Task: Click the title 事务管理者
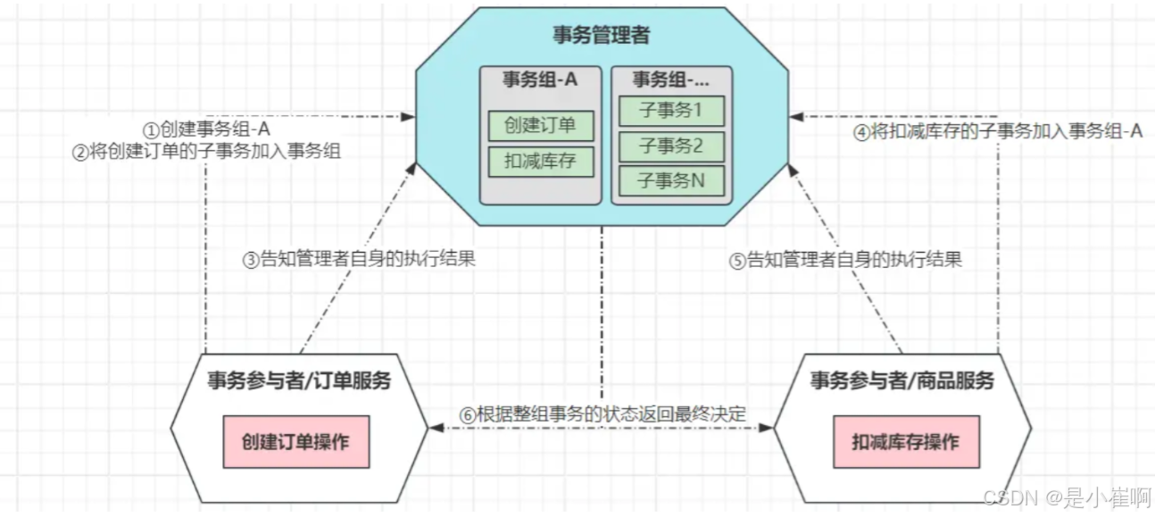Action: coord(601,37)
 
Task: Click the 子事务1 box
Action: coord(671,112)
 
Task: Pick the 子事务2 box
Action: coord(671,146)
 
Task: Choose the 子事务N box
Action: coord(671,180)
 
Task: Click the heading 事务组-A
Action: coord(540,79)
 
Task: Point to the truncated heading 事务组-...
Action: coord(671,79)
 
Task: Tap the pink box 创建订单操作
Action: coord(295,442)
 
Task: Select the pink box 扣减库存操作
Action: coord(905,442)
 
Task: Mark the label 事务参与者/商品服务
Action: coord(902,381)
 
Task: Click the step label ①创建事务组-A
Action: coord(207,130)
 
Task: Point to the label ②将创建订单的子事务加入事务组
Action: coord(207,151)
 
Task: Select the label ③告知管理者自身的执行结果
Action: coord(359,260)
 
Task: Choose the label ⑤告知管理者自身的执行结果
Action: coord(845,260)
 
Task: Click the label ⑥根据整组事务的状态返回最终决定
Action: coord(602,414)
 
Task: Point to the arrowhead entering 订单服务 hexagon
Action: coord(436,428)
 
